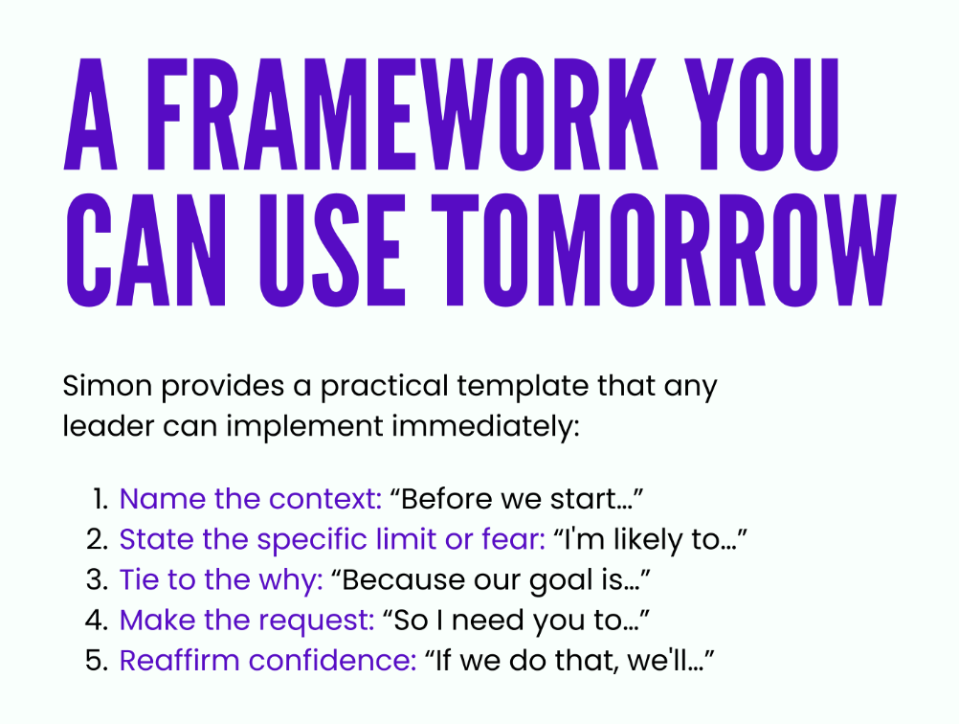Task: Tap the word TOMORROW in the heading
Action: point(664,250)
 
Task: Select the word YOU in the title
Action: point(762,114)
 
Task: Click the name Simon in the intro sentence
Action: point(107,386)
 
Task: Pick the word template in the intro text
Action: point(523,387)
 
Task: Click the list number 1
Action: point(100,499)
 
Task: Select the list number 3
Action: point(98,579)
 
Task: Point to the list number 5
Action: point(98,661)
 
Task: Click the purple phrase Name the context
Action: point(251,499)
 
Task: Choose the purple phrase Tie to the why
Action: point(221,580)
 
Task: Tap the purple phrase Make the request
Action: point(247,621)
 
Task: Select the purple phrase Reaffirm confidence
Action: point(268,661)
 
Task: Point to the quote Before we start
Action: point(517,499)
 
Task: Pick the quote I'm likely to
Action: point(650,540)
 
